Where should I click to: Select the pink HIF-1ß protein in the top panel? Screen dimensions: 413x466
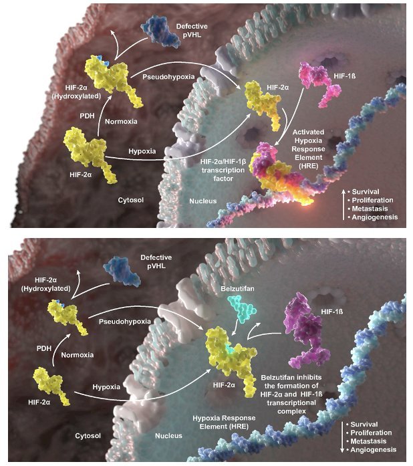[319, 84]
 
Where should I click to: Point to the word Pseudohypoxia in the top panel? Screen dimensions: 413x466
[168, 77]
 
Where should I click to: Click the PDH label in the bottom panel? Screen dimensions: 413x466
[44, 348]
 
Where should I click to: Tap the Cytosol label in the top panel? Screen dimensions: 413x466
[131, 200]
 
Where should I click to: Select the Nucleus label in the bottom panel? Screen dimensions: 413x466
[168, 436]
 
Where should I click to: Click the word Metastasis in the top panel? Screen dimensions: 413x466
[370, 209]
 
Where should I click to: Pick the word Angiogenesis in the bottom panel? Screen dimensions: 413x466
[373, 450]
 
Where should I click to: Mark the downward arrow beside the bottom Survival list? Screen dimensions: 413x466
[342, 437]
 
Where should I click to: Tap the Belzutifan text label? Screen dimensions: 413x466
[237, 289]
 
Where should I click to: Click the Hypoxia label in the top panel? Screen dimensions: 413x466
[142, 151]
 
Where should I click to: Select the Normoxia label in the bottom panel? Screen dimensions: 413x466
[78, 355]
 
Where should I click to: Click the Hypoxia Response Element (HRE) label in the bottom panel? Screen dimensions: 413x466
[224, 422]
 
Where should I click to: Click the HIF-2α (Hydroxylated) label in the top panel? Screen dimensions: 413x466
[83, 92]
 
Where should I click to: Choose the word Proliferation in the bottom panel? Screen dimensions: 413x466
[371, 433]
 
